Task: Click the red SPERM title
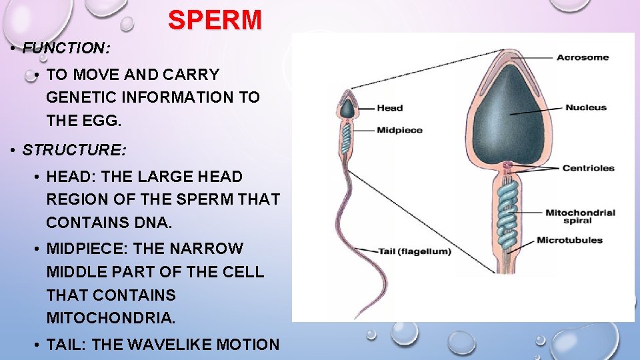pyautogui.click(x=215, y=20)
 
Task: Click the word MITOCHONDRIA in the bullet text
pyautogui.click(x=111, y=318)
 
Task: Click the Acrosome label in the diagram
pyautogui.click(x=583, y=57)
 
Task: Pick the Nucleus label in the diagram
pyautogui.click(x=586, y=107)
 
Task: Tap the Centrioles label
pyautogui.click(x=588, y=168)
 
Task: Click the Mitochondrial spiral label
pyautogui.click(x=580, y=216)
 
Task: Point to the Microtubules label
pyautogui.click(x=569, y=240)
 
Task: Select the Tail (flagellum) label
pyautogui.click(x=415, y=251)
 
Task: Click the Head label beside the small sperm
pyautogui.click(x=389, y=108)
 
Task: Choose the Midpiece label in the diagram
pyautogui.click(x=399, y=130)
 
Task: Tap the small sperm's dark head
pyautogui.click(x=347, y=109)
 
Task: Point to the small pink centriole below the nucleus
pyautogui.click(x=509, y=165)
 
